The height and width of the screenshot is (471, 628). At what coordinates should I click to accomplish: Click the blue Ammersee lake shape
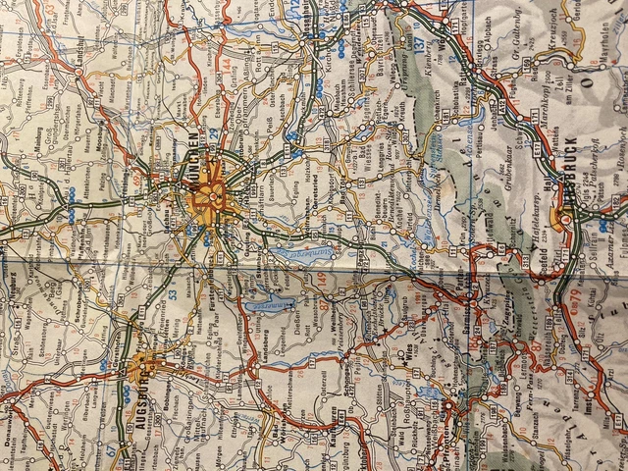[271, 306]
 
